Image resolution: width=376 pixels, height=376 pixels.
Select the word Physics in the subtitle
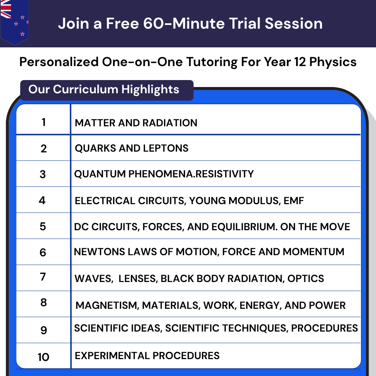pyautogui.click(x=333, y=62)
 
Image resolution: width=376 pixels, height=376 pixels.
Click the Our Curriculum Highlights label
pyautogui.click(x=104, y=89)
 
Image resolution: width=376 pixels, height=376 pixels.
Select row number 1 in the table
pyautogui.click(x=44, y=122)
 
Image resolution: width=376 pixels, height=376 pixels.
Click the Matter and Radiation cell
pyautogui.click(x=136, y=123)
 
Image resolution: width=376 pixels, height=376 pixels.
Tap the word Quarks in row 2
pyautogui.click(x=92, y=148)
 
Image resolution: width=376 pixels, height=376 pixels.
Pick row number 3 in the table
pyautogui.click(x=43, y=174)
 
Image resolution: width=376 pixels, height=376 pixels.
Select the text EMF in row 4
pyautogui.click(x=294, y=201)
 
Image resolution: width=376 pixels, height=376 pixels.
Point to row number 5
pyautogui.click(x=43, y=226)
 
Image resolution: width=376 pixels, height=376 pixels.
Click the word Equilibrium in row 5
pyautogui.click(x=243, y=227)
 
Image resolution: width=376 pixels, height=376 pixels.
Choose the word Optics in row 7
pyautogui.click(x=306, y=279)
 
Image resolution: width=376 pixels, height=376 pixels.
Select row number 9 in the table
pyautogui.click(x=44, y=330)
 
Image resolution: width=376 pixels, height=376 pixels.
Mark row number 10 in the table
pyautogui.click(x=43, y=357)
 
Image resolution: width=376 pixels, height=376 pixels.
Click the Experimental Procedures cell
pyautogui.click(x=147, y=356)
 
